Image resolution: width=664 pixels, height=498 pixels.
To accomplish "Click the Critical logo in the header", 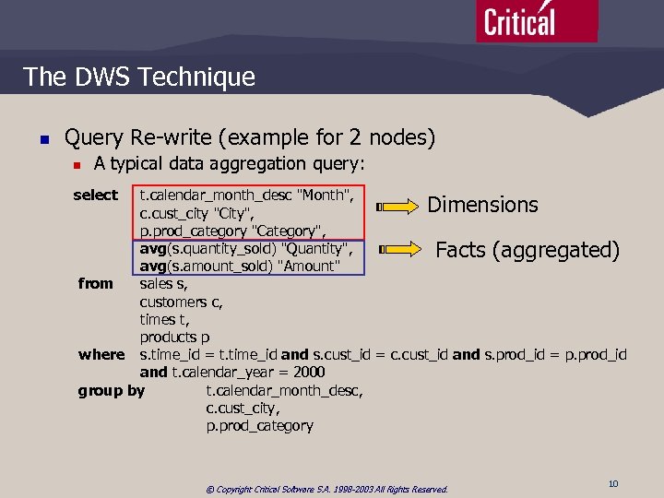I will pos(536,20).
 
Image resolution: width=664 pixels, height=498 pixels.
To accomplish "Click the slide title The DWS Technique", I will pos(139,77).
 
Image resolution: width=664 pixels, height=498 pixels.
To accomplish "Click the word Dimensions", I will pos(482,205).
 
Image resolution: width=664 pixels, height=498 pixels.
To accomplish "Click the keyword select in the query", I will pos(96,195).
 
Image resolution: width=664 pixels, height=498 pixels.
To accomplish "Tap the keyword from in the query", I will pos(96,284).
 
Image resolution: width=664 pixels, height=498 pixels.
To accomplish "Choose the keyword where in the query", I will pos(101,355).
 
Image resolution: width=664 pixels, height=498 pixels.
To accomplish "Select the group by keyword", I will pos(112,390).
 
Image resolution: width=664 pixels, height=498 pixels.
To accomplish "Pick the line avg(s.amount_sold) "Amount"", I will pos(240,267).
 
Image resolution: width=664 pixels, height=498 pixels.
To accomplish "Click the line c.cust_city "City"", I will pos(197,213).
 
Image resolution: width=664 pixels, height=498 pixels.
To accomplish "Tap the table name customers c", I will pos(173,302).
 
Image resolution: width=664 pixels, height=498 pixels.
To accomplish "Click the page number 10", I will pos(613,484).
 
